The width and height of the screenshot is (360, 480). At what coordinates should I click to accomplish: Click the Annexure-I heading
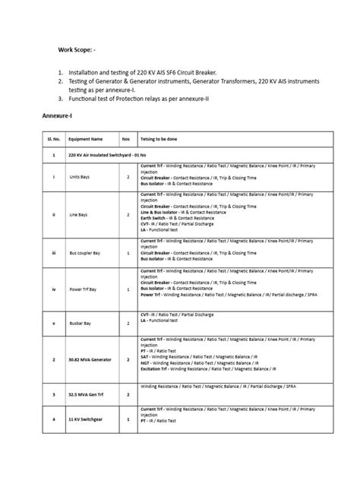pyautogui.click(x=58, y=118)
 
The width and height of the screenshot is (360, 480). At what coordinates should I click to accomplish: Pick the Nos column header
pyautogui.click(x=126, y=140)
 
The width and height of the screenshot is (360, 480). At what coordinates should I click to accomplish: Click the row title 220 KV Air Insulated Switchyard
pyautogui.click(x=108, y=154)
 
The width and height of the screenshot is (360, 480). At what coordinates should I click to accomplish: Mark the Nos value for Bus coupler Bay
pyautogui.click(x=128, y=251)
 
